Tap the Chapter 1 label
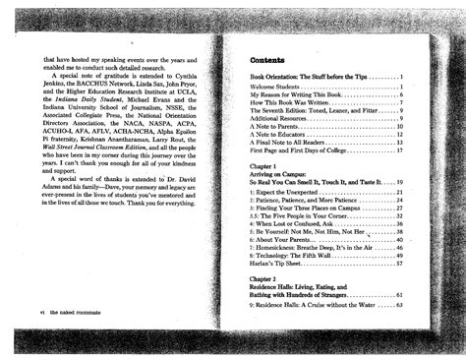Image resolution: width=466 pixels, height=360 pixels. (x=266, y=167)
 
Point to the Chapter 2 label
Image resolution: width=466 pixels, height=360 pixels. (x=266, y=278)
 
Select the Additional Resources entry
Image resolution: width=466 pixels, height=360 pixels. (x=284, y=118)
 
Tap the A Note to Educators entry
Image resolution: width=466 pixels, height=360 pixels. (x=282, y=136)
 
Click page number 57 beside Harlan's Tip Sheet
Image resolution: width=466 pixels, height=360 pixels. (x=400, y=265)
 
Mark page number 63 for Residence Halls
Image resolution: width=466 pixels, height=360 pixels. (x=400, y=305)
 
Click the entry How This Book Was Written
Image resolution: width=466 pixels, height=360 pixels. (x=291, y=108)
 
